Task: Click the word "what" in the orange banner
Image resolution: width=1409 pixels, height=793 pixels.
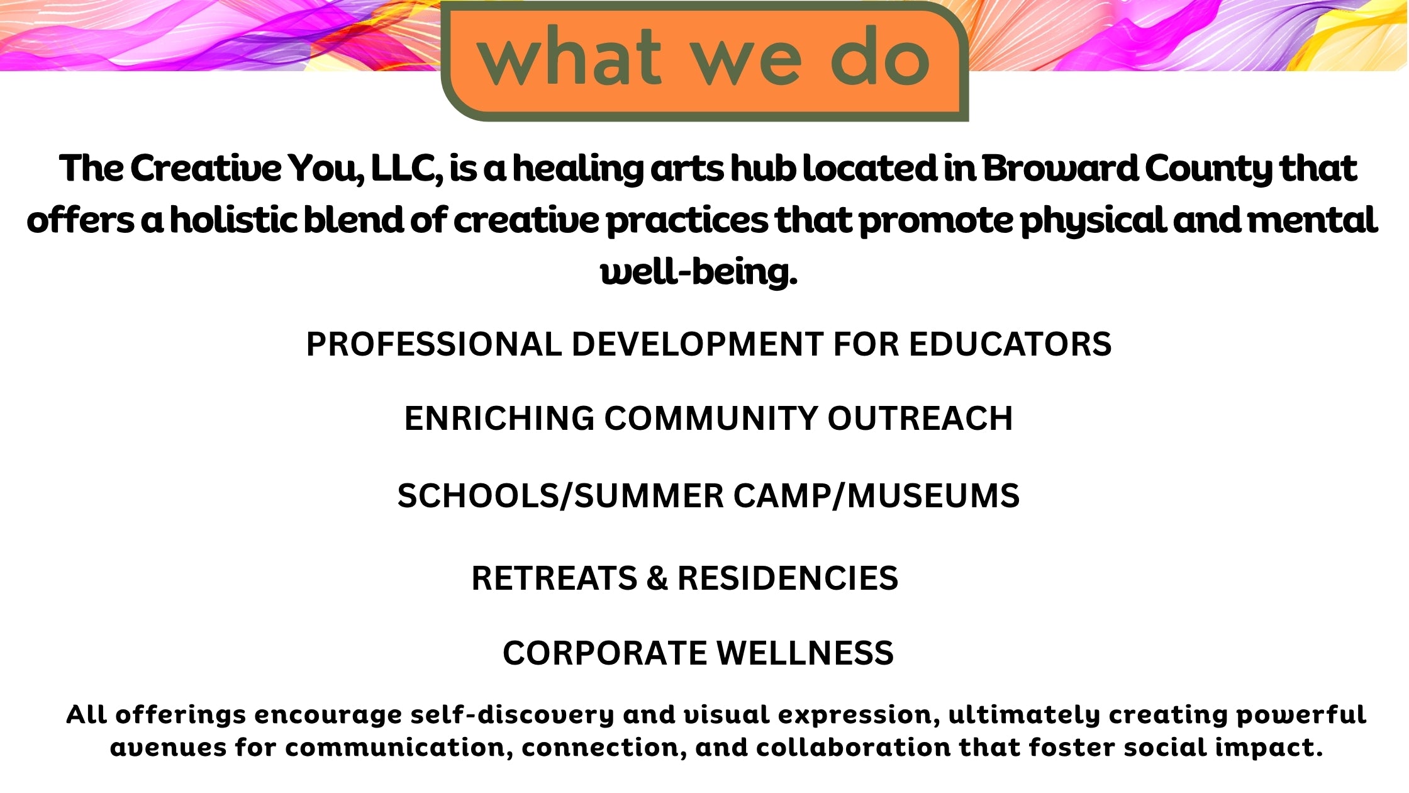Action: [x=570, y=56]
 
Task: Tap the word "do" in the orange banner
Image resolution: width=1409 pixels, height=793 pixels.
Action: [x=881, y=56]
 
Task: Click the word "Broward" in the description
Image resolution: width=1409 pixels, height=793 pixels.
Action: [x=1060, y=168]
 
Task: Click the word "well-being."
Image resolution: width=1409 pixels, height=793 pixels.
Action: [x=699, y=272]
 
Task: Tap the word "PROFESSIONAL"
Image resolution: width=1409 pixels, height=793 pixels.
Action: [x=434, y=344]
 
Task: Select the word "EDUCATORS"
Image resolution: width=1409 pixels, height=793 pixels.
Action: [x=1010, y=344]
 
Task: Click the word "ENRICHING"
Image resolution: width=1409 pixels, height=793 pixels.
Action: [x=499, y=419]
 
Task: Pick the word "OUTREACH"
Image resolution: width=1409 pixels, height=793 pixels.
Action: [x=920, y=419]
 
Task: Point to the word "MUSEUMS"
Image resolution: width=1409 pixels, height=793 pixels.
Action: [x=933, y=496]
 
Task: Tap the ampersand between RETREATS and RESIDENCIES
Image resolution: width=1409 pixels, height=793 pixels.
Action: [x=657, y=578]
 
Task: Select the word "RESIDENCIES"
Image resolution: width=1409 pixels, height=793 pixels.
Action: [x=788, y=578]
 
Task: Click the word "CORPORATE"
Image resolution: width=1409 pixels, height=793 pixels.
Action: [x=605, y=653]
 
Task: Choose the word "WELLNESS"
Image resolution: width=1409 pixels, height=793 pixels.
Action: [x=806, y=653]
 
